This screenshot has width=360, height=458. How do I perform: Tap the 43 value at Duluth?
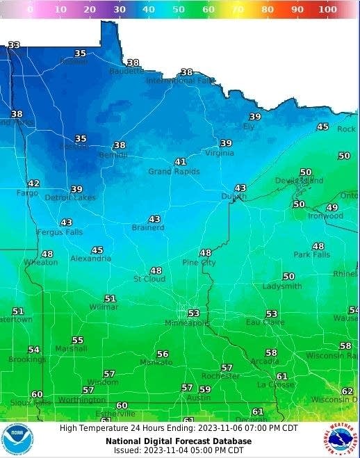click(x=240, y=188)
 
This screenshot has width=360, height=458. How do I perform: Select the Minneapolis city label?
click(x=186, y=323)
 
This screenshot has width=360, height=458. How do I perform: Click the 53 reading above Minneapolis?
click(x=193, y=313)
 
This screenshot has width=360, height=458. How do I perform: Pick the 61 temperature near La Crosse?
click(x=281, y=376)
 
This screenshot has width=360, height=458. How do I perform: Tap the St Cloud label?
click(x=149, y=279)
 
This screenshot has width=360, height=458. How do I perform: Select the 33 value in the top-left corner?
click(x=14, y=45)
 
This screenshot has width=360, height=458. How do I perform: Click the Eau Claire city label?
click(x=265, y=322)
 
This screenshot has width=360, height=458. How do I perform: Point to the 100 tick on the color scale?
click(x=328, y=10)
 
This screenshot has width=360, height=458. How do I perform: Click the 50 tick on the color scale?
click(x=179, y=10)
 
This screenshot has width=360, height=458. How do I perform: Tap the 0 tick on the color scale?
click(x=30, y=10)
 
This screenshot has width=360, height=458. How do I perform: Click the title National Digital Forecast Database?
click(x=179, y=441)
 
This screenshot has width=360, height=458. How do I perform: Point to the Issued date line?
click(x=179, y=450)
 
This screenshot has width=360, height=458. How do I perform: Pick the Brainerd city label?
click(x=148, y=227)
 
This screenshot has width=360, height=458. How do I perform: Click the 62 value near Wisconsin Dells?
click(x=347, y=391)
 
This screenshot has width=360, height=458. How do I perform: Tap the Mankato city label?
click(x=156, y=362)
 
